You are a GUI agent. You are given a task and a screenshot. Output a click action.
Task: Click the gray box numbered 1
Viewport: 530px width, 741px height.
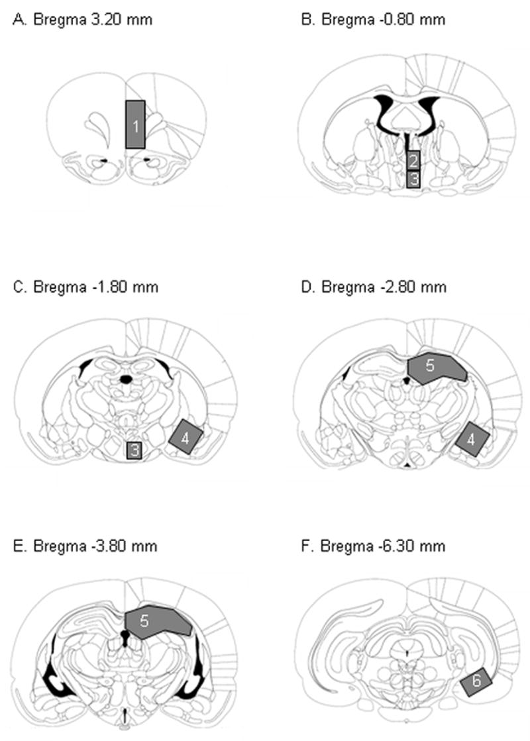135,124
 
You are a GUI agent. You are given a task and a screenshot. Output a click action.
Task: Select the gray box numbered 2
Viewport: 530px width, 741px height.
413,159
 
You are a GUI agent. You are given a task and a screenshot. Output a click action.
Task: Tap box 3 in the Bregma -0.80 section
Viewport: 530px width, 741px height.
413,179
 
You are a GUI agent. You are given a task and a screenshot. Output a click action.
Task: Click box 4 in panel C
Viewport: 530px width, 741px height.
185,436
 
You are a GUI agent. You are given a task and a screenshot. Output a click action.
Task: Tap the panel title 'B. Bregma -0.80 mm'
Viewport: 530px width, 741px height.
373,19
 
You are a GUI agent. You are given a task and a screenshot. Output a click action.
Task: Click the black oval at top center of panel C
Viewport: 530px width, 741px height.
125,379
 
